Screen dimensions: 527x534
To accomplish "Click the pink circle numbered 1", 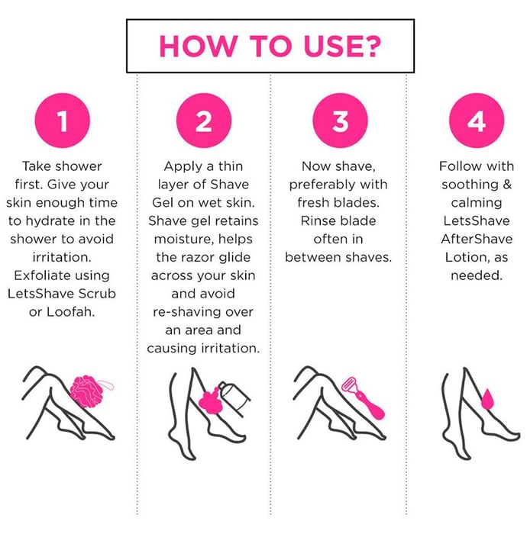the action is click(63, 121).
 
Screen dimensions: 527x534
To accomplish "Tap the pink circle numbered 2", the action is click(204, 121).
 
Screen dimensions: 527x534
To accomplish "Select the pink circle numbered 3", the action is click(340, 121).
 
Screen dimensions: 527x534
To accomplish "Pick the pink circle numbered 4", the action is click(477, 121).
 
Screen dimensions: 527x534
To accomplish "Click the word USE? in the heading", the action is click(342, 46).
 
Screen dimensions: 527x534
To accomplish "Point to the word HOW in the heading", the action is click(198, 46).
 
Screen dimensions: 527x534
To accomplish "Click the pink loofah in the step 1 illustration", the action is click(88, 391).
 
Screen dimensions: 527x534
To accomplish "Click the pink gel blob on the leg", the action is click(210, 402).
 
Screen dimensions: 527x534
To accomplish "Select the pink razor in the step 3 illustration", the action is click(363, 397).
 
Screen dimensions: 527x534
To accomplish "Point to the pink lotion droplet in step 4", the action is click(487, 399).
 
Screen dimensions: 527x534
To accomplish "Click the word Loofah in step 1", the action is click(70, 311).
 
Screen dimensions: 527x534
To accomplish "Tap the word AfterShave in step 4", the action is click(477, 239).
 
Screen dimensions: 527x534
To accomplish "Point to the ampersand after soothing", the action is click(507, 185).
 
